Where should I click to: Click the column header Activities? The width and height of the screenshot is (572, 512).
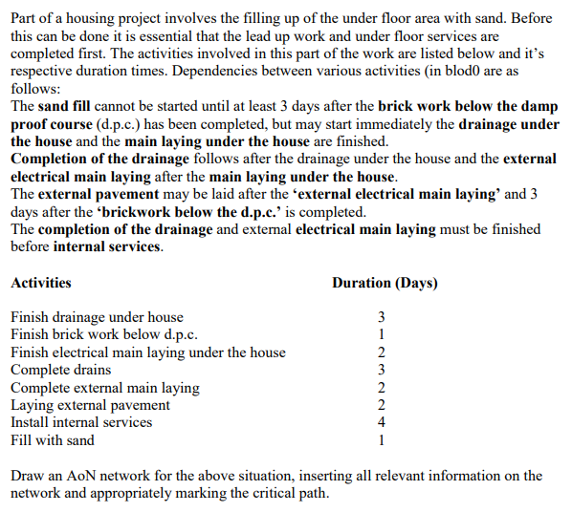tap(40, 283)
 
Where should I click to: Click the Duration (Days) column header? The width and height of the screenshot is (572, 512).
tap(385, 283)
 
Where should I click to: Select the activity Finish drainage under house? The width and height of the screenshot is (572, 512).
tap(97, 317)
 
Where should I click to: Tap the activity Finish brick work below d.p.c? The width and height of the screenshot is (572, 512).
tap(104, 334)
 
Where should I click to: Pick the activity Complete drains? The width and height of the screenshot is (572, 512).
tap(60, 370)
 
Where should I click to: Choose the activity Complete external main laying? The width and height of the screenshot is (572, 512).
tap(105, 388)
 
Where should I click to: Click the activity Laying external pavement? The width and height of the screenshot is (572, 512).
tap(90, 405)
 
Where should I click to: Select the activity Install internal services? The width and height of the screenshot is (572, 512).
tap(81, 422)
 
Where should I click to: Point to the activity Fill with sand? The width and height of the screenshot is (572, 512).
tap(53, 440)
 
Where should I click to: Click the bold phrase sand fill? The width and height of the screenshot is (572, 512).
tap(69, 107)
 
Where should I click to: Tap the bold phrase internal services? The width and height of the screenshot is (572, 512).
tap(108, 246)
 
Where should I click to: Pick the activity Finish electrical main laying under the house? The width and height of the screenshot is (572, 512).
tap(148, 352)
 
